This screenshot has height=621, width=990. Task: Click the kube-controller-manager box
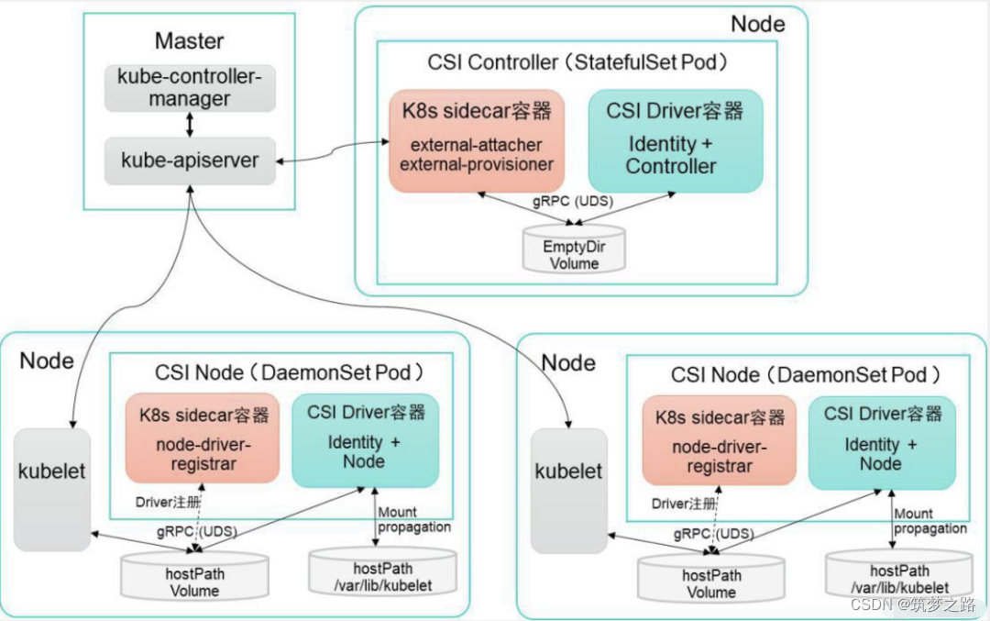[x=189, y=88]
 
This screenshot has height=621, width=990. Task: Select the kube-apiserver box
[x=189, y=161]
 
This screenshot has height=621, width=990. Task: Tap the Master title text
[x=189, y=40]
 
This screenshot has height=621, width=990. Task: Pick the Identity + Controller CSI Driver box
[x=674, y=139]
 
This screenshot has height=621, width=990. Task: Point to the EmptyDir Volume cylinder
[x=574, y=250]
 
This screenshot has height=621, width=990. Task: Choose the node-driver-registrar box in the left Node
[x=203, y=442]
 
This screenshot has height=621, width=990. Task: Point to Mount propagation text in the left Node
[x=414, y=519]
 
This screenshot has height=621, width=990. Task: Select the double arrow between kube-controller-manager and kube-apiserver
[x=189, y=125]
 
